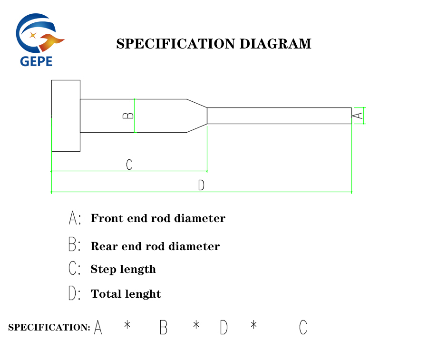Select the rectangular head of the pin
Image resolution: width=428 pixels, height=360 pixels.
coord(66,116)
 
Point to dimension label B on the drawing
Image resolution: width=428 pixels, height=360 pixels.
coord(128,116)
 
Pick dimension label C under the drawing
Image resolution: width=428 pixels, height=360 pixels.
coord(129,165)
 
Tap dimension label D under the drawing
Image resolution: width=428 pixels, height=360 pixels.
coord(201,185)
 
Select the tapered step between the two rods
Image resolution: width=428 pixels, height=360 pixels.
coord(197,116)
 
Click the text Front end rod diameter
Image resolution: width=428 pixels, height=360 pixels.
coord(158,219)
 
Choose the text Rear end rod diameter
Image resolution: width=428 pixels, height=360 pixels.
coord(155,247)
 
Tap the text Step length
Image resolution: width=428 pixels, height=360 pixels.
coord(123,270)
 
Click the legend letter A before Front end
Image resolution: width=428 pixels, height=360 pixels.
coord(73,218)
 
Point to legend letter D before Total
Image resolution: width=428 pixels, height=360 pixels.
coord(73,293)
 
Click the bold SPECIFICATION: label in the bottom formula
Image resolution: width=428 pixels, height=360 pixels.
coord(49,328)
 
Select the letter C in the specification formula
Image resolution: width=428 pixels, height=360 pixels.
coord(303,328)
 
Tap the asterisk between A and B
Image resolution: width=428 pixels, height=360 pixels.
coord(127,325)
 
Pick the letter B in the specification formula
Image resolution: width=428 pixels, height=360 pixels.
coord(163,328)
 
